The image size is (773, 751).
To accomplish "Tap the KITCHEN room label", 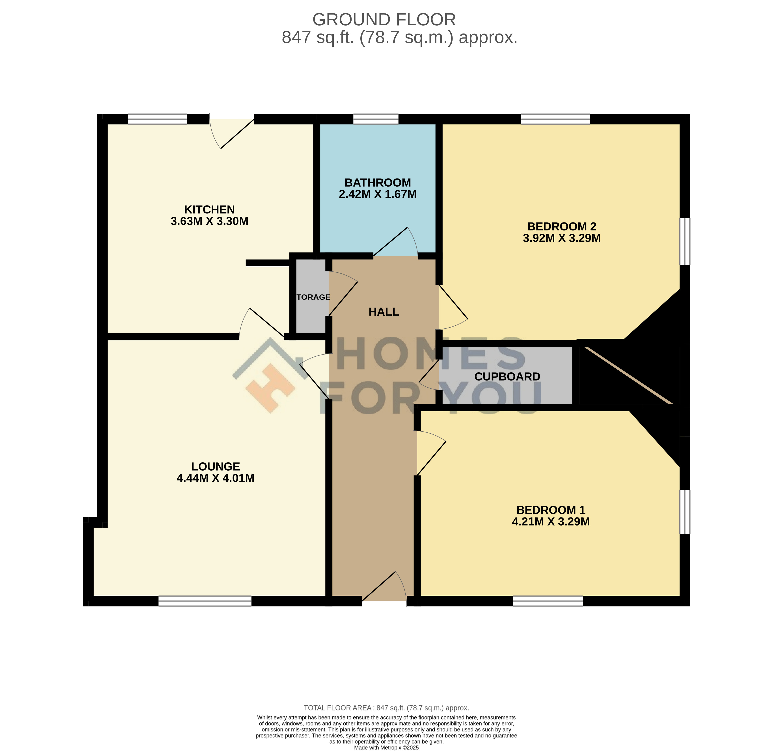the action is [x=210, y=210].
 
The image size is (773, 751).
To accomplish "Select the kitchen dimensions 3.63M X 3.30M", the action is [x=210, y=221].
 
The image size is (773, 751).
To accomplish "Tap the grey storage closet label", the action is [x=313, y=297].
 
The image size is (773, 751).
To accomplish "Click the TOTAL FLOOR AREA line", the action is [x=386, y=708].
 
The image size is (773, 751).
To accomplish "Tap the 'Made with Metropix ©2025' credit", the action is [x=386, y=747].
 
